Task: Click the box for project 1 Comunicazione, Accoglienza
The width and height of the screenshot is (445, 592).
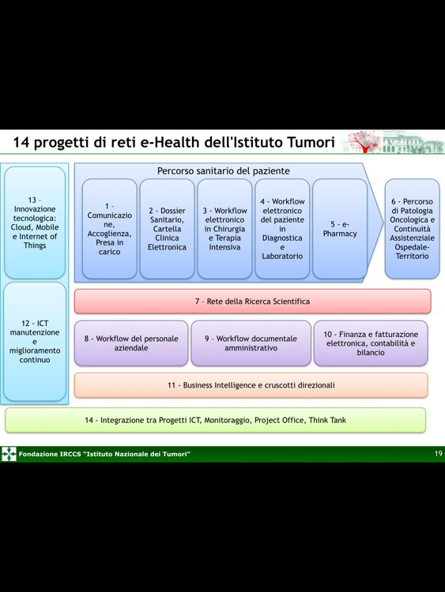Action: click(x=110, y=229)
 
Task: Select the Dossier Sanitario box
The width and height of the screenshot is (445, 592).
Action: click(x=167, y=229)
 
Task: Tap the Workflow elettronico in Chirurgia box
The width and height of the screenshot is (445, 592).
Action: click(x=224, y=229)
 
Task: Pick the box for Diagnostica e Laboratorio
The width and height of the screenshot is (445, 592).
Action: click(x=282, y=229)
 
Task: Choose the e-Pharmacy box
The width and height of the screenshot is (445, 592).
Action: click(x=340, y=229)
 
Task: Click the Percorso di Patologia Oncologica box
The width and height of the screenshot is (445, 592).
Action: click(x=412, y=229)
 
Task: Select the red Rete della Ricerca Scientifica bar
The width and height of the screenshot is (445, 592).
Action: click(x=253, y=302)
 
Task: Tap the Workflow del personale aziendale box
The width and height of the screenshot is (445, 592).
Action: click(x=131, y=343)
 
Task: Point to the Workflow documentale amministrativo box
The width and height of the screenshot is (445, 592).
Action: click(x=251, y=343)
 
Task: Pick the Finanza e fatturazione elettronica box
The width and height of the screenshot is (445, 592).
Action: click(x=371, y=343)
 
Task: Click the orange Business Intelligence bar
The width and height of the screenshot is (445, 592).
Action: click(x=251, y=385)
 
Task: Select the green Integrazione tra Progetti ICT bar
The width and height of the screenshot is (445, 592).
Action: click(x=216, y=420)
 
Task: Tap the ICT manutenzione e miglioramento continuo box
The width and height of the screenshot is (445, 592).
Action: click(x=35, y=342)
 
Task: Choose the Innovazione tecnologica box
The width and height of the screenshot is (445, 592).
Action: click(x=35, y=223)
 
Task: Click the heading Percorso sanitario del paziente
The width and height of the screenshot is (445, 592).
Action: click(x=224, y=171)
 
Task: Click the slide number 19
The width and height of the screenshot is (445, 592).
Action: click(x=438, y=454)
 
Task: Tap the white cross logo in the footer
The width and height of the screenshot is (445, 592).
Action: click(x=9, y=454)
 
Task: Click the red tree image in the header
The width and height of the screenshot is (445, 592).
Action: click(x=364, y=142)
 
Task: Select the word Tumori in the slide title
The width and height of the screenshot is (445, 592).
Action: click(x=311, y=142)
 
